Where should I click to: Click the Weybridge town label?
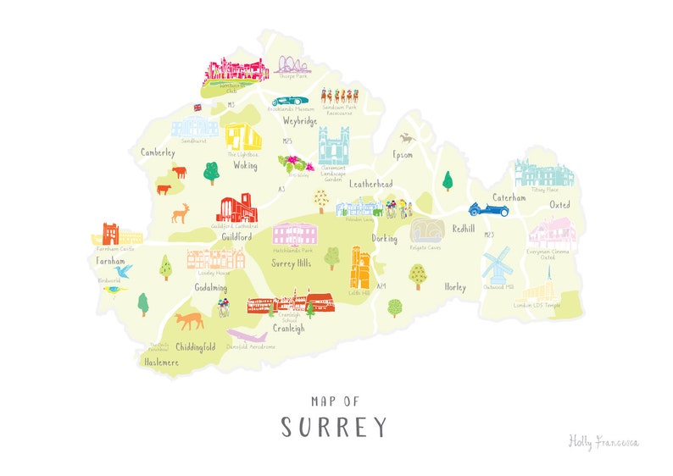click(x=299, y=122)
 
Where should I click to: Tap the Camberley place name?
click(x=158, y=153)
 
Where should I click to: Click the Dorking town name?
click(x=384, y=239)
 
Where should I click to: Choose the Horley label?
click(x=455, y=287)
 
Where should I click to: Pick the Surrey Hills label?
click(x=292, y=262)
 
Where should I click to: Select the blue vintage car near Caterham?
click(x=489, y=208)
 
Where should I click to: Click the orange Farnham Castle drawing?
click(x=111, y=234)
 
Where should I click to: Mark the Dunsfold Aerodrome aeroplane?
click(x=248, y=336)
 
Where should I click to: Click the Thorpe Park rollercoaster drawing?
click(x=292, y=64)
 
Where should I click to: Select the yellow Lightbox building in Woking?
click(x=242, y=138)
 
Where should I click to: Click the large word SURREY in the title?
click(x=334, y=426)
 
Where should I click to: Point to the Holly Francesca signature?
click(x=603, y=441)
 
